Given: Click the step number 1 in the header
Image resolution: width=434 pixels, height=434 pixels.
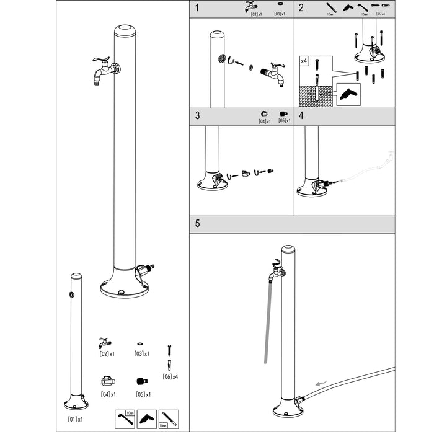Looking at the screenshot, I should [197, 8].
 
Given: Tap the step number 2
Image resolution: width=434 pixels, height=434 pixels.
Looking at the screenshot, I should [301, 8].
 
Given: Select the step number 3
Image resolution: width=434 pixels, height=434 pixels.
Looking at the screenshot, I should [197, 116].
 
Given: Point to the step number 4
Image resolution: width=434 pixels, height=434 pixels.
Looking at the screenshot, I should [301, 116].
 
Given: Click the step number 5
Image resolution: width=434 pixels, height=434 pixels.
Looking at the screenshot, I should [197, 224].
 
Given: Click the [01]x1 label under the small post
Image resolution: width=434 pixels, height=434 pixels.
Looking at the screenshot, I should [75, 420].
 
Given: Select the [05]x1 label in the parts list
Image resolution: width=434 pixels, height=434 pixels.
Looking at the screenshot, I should [143, 394].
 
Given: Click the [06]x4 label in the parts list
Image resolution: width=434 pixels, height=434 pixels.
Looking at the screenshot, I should [170, 376].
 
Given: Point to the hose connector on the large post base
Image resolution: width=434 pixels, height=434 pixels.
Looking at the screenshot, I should [146, 270].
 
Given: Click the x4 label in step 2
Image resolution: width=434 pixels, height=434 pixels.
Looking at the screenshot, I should [304, 61].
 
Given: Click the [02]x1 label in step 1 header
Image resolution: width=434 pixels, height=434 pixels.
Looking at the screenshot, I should [255, 14].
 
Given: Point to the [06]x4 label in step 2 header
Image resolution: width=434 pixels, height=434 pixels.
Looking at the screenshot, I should [380, 14].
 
